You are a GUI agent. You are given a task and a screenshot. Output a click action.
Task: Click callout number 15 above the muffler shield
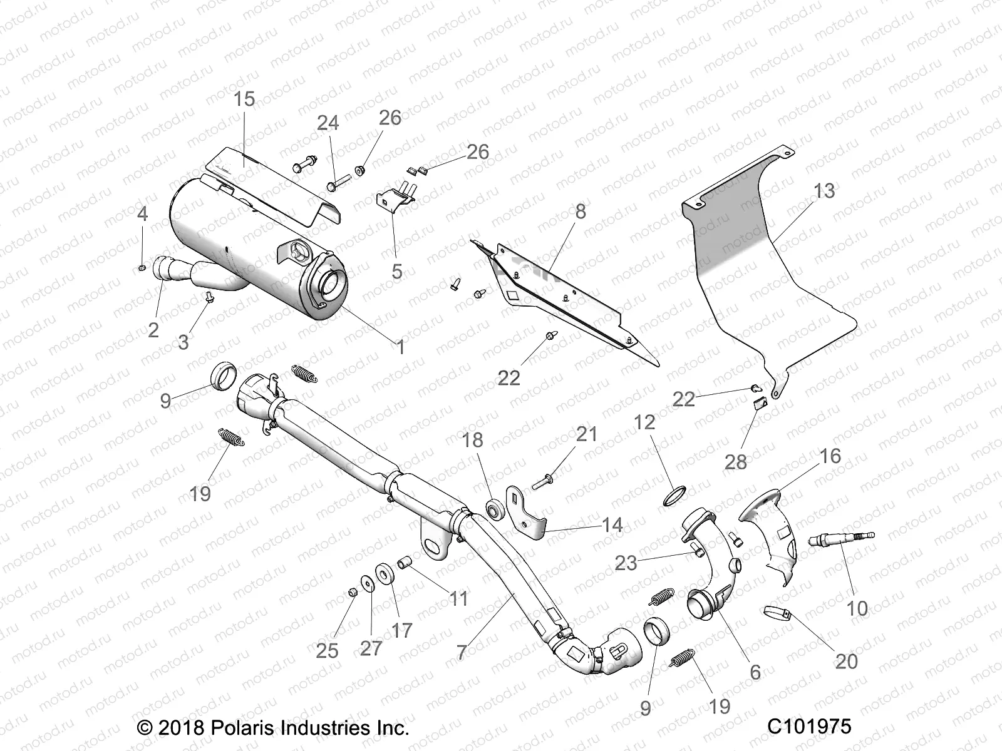click(244, 99)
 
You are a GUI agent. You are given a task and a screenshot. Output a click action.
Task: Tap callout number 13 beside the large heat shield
click(824, 190)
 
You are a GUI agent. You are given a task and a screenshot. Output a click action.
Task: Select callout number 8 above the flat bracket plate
click(581, 212)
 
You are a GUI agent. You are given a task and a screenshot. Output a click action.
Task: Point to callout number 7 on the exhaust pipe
click(462, 652)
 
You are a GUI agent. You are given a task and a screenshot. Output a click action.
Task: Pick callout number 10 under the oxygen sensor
click(857, 608)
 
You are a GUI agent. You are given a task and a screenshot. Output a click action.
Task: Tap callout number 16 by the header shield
click(830, 456)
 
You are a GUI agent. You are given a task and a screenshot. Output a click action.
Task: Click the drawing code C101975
click(809, 727)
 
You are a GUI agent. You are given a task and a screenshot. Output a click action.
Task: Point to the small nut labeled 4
click(142, 268)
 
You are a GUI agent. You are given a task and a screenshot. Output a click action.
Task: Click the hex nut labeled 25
click(352, 592)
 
